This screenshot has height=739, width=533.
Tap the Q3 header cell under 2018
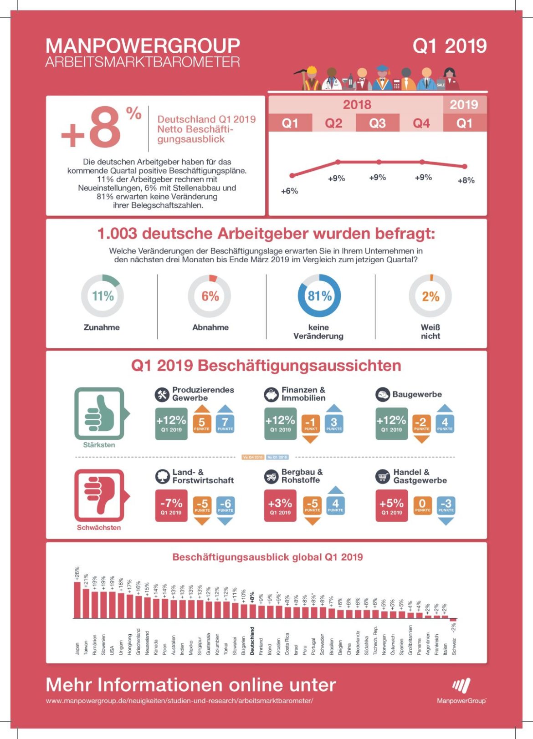[377, 123]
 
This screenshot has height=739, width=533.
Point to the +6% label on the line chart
[289, 191]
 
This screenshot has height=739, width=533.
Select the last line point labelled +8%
[464, 167]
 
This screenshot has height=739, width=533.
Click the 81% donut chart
[319, 296]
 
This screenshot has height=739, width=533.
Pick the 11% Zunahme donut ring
[102, 296]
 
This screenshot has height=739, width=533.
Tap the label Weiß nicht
[430, 331]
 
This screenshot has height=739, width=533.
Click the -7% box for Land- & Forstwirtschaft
[171, 505]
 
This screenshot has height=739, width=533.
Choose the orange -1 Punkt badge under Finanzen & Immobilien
[310, 424]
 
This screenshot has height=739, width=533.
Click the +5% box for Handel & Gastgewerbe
[391, 505]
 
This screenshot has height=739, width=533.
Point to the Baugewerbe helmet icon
[382, 394]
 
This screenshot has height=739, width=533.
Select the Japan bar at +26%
[77, 600]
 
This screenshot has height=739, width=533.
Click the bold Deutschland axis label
[252, 641]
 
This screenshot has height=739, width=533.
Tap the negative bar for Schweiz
[453, 620]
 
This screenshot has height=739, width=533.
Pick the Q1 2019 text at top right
[449, 46]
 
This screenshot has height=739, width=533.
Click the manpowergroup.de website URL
[179, 701]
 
